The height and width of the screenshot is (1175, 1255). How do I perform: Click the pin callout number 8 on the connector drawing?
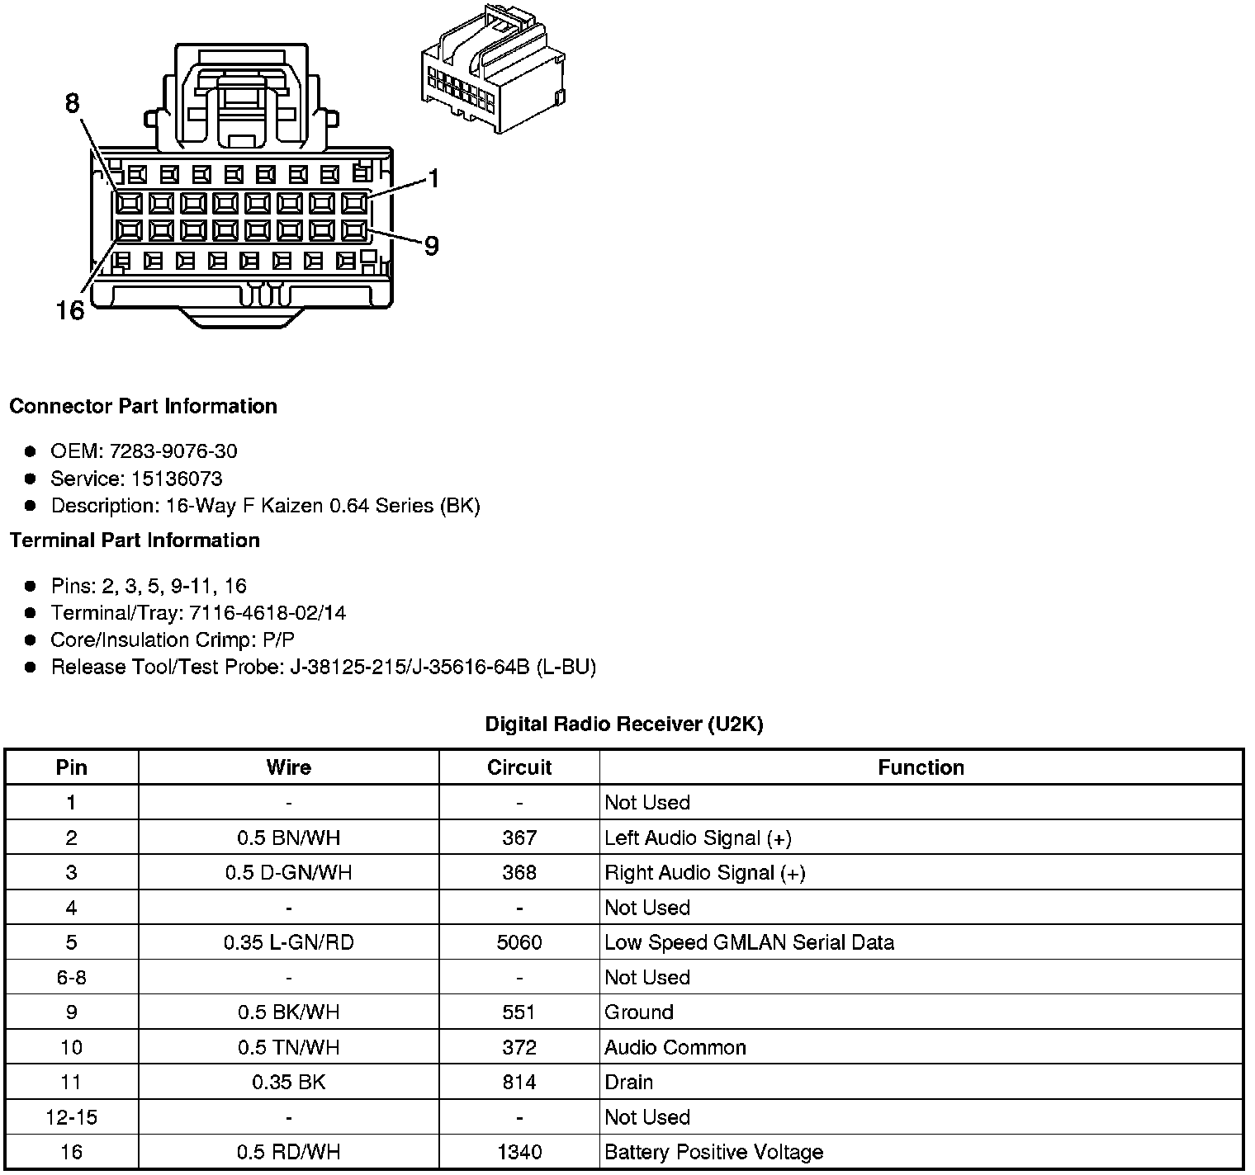tap(72, 103)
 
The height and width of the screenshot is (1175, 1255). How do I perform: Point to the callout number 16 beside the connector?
tap(70, 311)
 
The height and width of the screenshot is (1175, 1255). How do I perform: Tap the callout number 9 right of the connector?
tap(431, 246)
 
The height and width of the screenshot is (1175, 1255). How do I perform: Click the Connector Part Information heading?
tap(143, 406)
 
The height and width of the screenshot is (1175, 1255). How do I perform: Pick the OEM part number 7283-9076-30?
tap(173, 451)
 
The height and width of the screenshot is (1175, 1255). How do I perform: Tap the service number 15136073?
tap(177, 479)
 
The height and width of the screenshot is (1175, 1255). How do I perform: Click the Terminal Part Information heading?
tap(135, 540)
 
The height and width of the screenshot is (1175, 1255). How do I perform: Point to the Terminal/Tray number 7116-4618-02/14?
tap(268, 613)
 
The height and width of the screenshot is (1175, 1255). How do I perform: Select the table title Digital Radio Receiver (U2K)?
tap(624, 724)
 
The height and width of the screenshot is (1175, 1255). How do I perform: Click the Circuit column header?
tap(519, 767)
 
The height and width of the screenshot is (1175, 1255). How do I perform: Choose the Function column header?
tap(921, 767)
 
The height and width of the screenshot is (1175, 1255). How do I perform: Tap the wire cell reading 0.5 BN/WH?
tap(289, 838)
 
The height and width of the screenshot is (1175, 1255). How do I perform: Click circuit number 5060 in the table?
tap(519, 942)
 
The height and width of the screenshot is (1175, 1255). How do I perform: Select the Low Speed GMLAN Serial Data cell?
tap(749, 942)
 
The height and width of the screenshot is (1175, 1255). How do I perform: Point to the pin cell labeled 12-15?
tap(72, 1117)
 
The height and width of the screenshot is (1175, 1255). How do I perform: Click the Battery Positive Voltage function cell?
tap(713, 1152)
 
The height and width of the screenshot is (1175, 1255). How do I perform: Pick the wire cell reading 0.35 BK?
tap(289, 1082)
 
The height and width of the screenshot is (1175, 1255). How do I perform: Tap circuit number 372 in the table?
tap(519, 1047)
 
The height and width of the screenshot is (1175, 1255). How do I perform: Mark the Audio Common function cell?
tap(675, 1047)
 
